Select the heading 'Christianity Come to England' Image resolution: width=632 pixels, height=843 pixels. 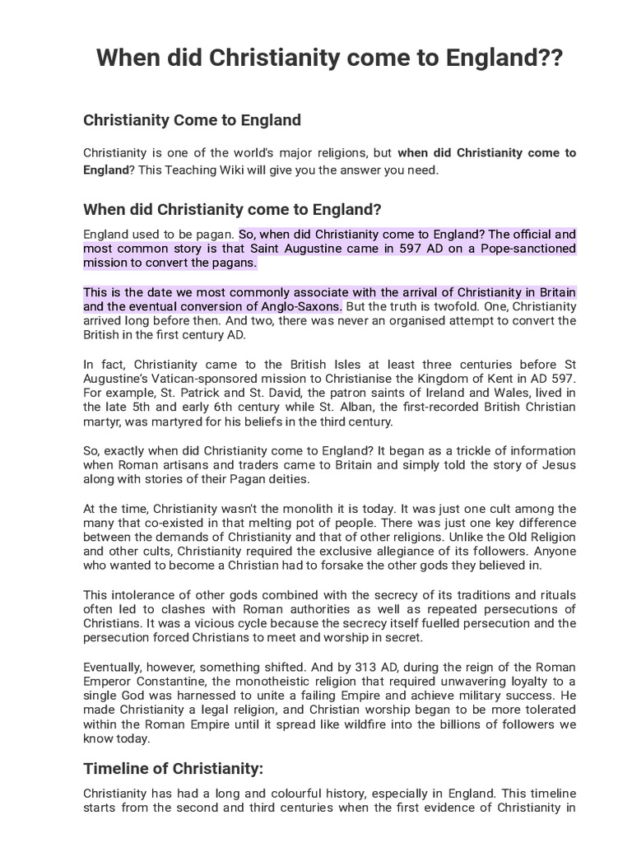pyautogui.click(x=192, y=120)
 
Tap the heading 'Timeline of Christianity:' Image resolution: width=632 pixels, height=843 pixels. pyautogui.click(x=173, y=769)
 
